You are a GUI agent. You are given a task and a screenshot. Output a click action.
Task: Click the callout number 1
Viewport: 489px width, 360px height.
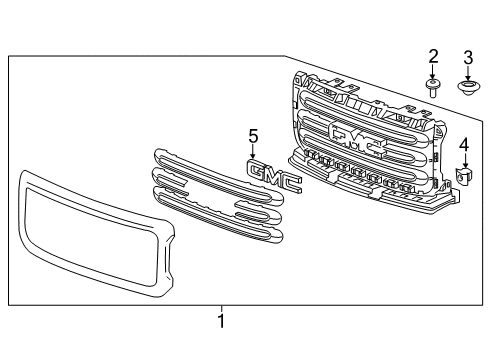pos(221,322)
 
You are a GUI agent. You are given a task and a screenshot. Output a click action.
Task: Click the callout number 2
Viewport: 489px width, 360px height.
pos(433,55)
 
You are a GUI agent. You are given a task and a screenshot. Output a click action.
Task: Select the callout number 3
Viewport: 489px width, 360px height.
pos(467,55)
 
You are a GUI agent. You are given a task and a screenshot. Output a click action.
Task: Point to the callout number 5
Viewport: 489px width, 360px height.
pos(254,135)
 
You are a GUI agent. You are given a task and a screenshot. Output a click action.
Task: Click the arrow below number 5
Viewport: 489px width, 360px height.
pos(254,151)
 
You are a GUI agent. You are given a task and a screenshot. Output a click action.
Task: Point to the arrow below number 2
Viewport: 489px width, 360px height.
pos(433,72)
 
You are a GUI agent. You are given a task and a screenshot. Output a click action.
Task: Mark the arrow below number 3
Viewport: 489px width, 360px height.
pos(467,72)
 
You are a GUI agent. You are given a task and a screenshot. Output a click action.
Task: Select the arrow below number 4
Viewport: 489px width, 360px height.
pos(464,162)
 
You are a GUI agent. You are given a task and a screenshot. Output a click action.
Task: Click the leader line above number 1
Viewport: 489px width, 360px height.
pos(221,308)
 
